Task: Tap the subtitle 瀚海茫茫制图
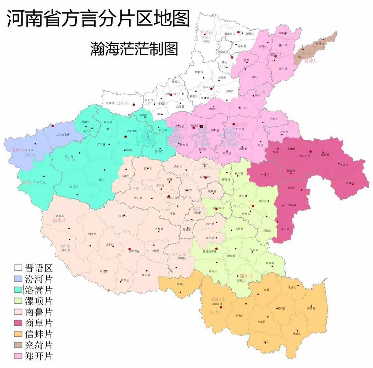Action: point(134,48)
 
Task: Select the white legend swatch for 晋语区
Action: point(18,268)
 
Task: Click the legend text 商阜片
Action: point(39,323)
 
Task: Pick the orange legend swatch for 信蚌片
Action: point(18,334)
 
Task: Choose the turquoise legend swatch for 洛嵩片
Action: point(18,290)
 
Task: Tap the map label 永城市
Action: point(350,183)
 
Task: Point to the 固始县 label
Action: point(311,308)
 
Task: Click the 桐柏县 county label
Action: point(180,284)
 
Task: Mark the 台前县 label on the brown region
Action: point(320,43)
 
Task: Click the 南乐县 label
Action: point(283,33)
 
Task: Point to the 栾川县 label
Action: point(74,187)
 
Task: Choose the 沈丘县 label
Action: point(285,229)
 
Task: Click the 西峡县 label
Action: point(60,216)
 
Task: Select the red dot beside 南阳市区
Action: point(129,249)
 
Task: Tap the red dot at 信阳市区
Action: point(221,307)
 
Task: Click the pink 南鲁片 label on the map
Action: point(59,221)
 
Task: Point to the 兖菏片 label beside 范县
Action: point(311,61)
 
